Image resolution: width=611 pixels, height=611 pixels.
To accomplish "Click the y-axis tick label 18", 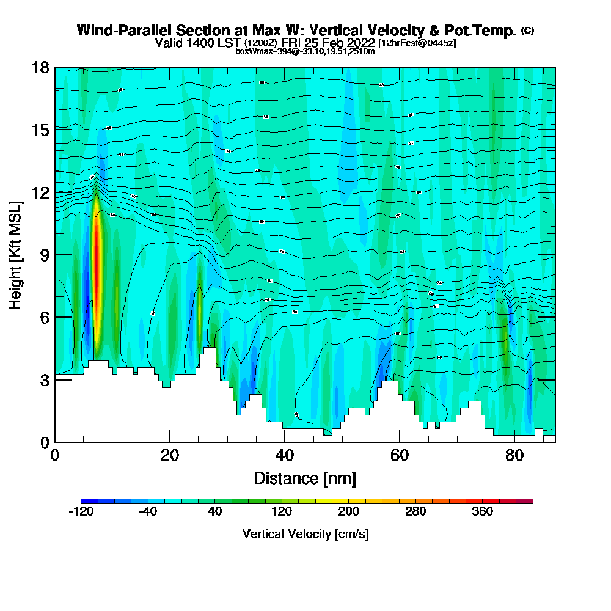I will tap(40, 67).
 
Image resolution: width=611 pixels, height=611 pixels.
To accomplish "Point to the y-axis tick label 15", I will tap(40, 130).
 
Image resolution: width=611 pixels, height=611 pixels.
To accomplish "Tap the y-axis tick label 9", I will tap(44, 254).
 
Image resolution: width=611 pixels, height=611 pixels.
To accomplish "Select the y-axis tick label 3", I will tap(44, 379).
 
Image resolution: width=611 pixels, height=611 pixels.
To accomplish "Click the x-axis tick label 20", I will tap(170, 456).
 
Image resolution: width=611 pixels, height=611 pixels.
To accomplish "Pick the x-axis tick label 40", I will tap(285, 456).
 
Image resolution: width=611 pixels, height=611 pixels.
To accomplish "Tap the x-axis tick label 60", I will tap(400, 456).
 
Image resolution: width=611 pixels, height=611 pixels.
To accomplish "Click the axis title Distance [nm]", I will tap(305, 478).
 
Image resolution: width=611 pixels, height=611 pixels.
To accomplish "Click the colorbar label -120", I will tap(81, 512).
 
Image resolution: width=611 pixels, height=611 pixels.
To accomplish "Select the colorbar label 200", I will tap(348, 512).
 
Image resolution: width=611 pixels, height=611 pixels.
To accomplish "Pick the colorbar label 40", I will tap(214, 512).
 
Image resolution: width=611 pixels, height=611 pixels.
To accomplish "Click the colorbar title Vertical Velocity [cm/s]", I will tap(305, 534).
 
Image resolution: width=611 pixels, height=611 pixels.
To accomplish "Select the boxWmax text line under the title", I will tap(305, 51).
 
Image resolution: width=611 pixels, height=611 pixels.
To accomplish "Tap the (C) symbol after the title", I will tap(528, 30).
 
